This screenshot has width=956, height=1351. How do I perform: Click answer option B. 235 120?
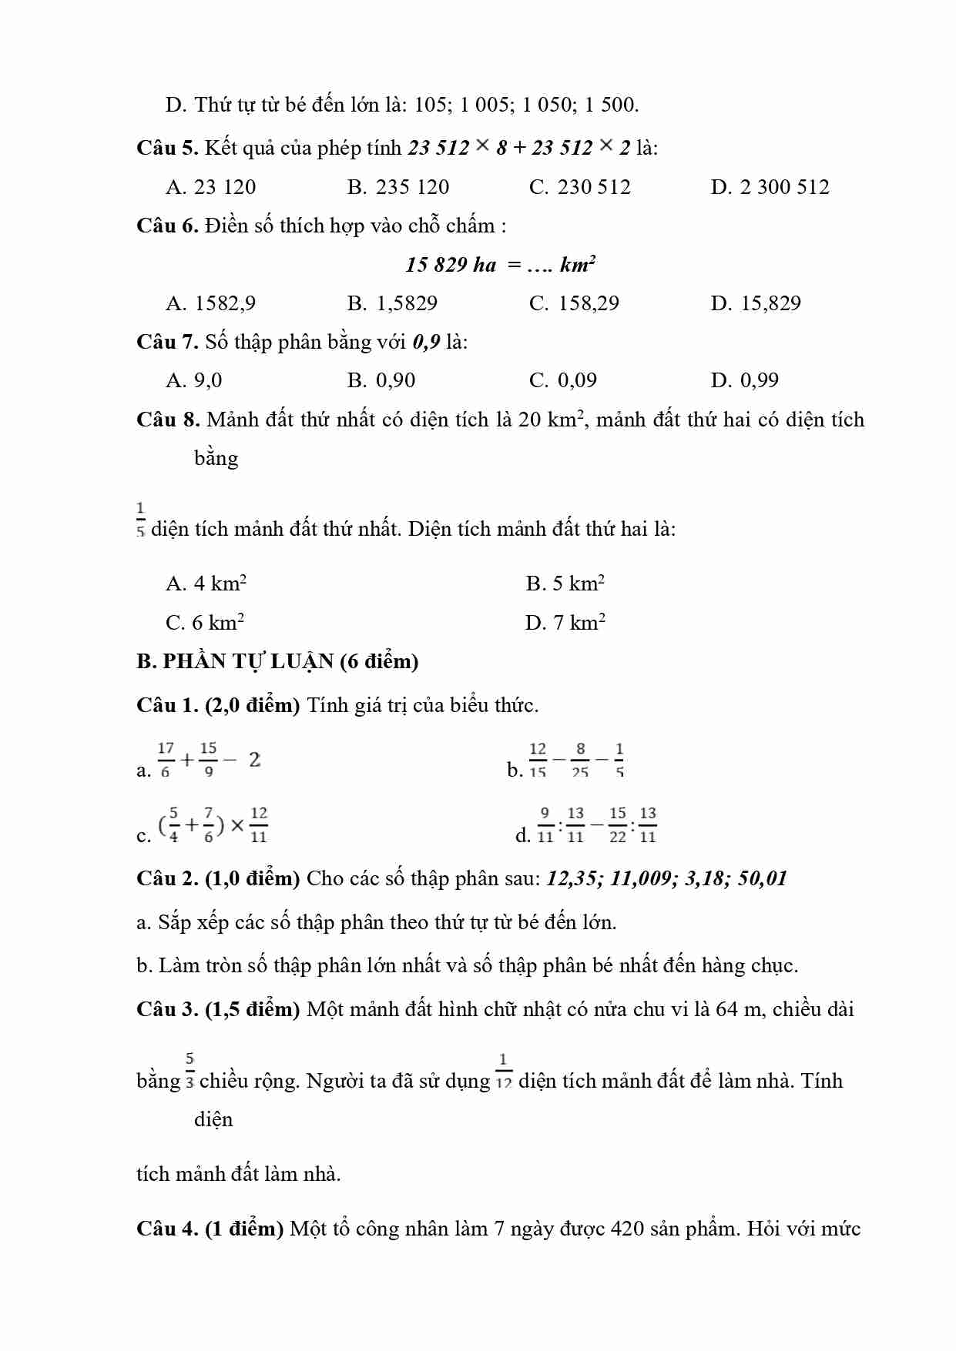pos(397,187)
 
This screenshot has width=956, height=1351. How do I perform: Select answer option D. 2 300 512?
pos(770,187)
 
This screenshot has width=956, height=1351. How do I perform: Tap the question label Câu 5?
pos(167,148)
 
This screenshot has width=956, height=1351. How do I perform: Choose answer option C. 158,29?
pos(574,303)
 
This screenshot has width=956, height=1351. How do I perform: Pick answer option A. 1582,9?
pos(210,303)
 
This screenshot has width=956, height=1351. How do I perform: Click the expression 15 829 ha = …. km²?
pos(500,265)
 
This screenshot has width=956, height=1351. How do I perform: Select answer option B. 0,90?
pos(381,380)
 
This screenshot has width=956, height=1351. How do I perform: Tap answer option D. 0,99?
pos(744,380)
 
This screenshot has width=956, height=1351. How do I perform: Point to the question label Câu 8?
pos(168,420)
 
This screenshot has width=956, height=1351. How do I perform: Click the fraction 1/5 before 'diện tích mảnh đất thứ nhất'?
pos(140,520)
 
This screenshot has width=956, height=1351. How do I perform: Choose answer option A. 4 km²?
pos(206,584)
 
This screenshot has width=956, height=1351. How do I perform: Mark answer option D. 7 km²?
pos(565,623)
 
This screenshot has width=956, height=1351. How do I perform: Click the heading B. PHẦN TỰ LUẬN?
pos(277,661)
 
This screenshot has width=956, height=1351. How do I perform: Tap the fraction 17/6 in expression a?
pos(166,760)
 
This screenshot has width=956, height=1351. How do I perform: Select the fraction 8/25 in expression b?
pos(580,760)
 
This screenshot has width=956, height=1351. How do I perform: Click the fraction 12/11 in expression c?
pos(259,825)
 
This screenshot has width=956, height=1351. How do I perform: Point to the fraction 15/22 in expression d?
pos(618,825)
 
